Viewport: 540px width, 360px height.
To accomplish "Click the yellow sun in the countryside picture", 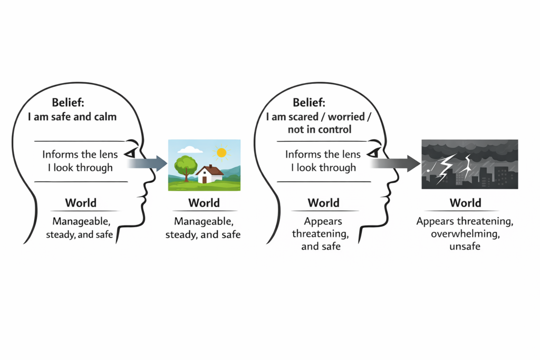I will (221, 153).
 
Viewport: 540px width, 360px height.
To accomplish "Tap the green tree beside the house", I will (185, 165).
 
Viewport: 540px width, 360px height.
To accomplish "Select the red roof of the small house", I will (209, 170).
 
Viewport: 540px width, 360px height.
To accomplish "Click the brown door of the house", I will (205, 179).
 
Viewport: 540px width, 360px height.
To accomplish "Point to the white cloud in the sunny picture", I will (190, 149).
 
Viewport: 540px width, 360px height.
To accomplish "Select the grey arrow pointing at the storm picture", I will (393, 163).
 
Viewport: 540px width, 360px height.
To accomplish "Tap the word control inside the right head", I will (333, 129).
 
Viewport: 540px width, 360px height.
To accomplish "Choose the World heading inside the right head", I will (323, 203).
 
